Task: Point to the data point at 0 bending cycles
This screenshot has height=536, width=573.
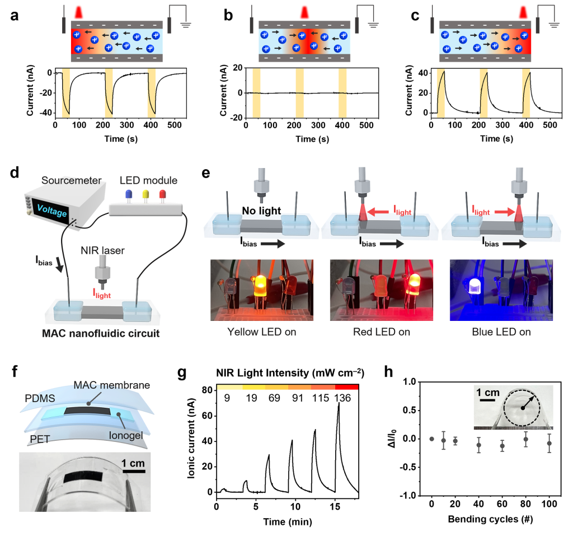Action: tap(431, 439)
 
